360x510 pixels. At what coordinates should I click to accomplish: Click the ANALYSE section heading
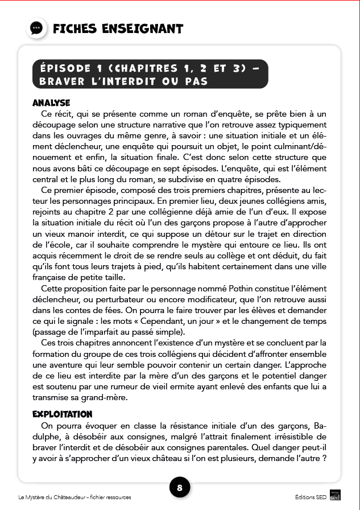pos(51,103)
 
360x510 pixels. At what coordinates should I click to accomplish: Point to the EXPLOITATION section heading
pos(63,414)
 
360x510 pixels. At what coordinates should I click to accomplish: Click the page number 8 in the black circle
pos(180,488)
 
